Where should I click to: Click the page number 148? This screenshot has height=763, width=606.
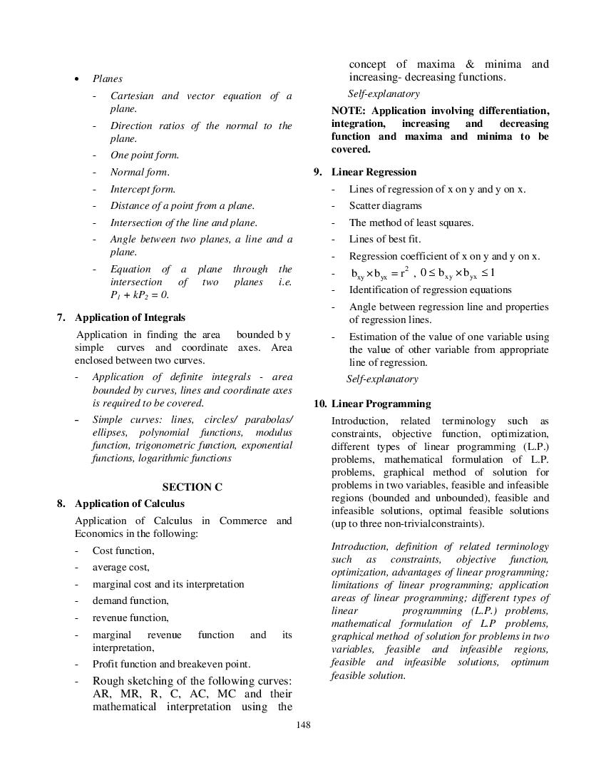coord(303,725)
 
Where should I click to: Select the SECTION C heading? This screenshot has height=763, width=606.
coord(192,487)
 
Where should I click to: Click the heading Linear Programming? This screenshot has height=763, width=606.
coord(381,404)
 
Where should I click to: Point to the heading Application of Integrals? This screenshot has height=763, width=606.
coord(130,317)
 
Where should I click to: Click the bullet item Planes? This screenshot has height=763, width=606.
coord(107,78)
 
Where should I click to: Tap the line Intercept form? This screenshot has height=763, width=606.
coord(143,189)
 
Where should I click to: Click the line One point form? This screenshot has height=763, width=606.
coord(144,155)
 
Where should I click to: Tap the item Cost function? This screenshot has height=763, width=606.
coord(123,551)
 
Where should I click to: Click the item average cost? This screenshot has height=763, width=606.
coord(120,567)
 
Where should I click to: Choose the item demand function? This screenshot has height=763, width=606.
coord(130,600)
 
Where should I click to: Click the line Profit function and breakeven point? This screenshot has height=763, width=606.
coord(171,664)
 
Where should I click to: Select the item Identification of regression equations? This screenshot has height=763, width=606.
coord(430,290)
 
